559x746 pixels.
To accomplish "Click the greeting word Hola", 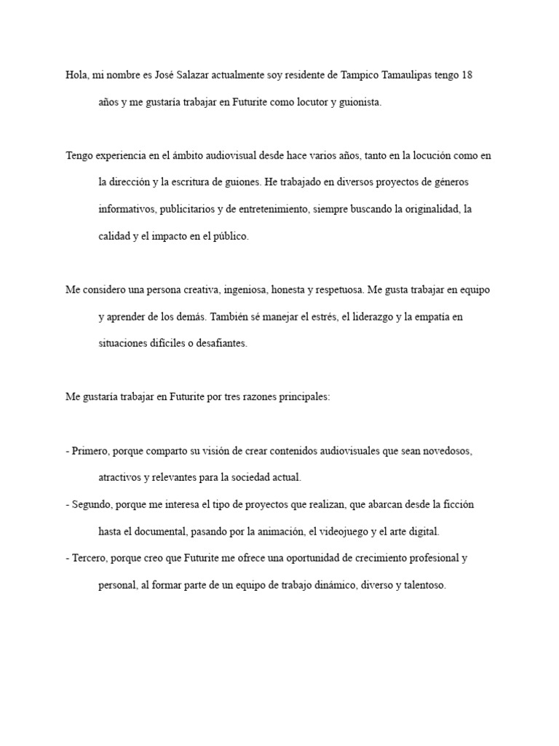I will point(76,75).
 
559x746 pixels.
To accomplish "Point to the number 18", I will point(467,75).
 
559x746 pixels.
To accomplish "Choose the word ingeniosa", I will point(245,289).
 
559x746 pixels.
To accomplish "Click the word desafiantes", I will point(221,343).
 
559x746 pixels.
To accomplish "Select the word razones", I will point(253,397).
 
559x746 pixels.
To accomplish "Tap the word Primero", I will point(90,451).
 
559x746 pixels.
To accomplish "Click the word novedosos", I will point(446,451).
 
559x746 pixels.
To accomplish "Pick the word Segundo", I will point(92,504).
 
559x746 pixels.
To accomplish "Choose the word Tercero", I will point(90,558).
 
